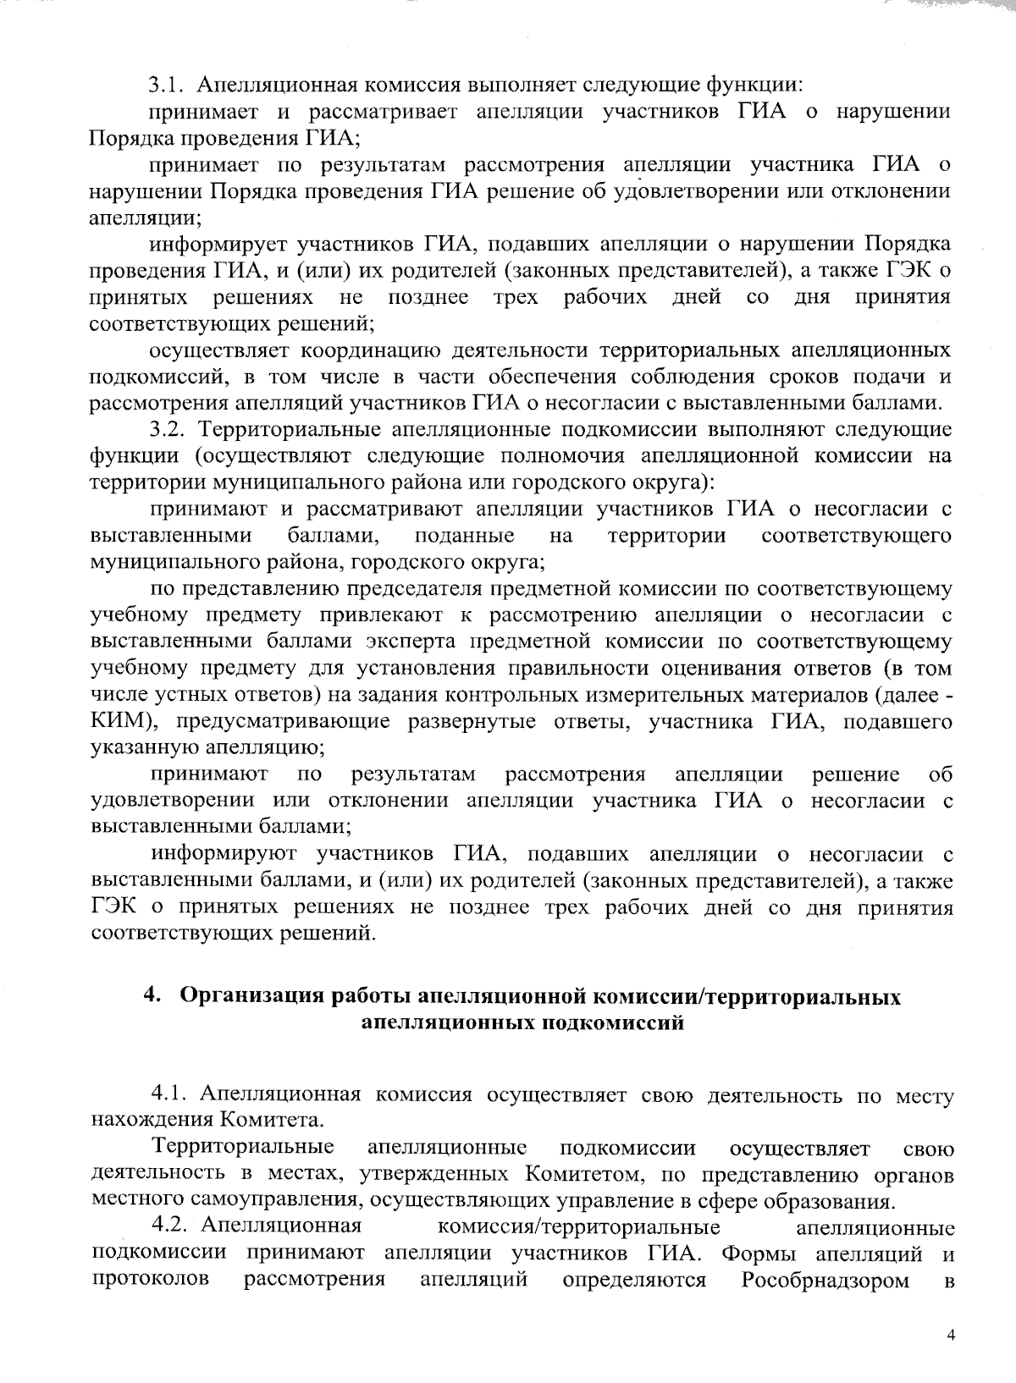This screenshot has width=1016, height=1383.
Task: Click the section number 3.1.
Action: point(171,85)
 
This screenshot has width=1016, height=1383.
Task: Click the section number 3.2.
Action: point(171,430)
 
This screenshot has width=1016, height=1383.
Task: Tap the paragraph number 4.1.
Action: point(174,1095)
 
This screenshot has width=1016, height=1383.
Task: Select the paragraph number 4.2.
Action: point(174,1228)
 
